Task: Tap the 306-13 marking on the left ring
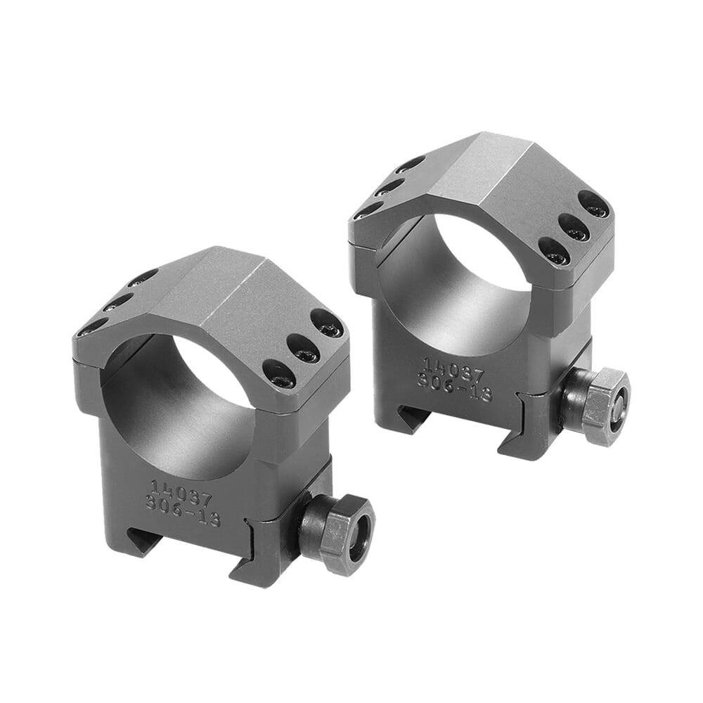(x=183, y=511)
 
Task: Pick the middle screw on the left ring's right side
(x=303, y=349)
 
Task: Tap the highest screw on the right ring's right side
(x=595, y=205)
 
